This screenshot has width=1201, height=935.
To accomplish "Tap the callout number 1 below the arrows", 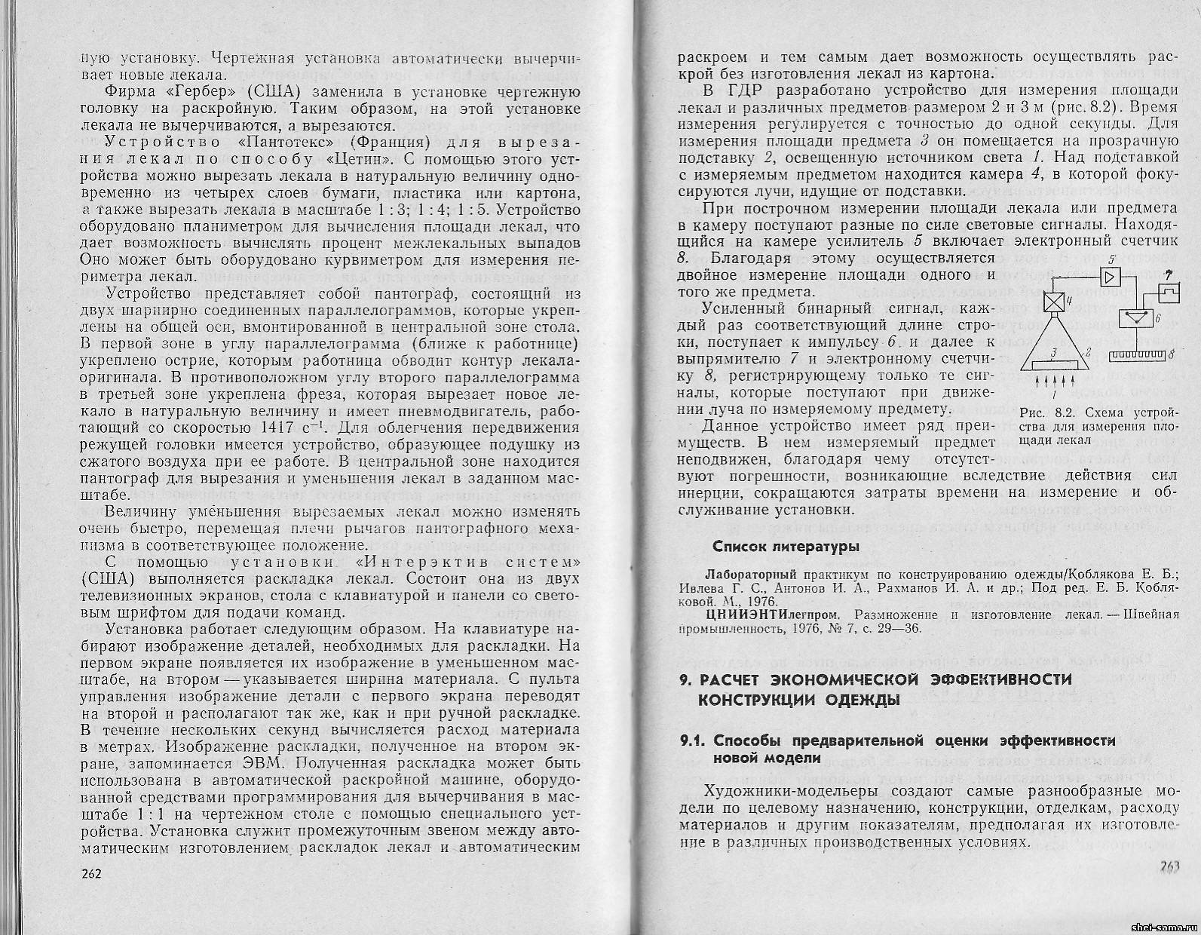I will [x=1054, y=393].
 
